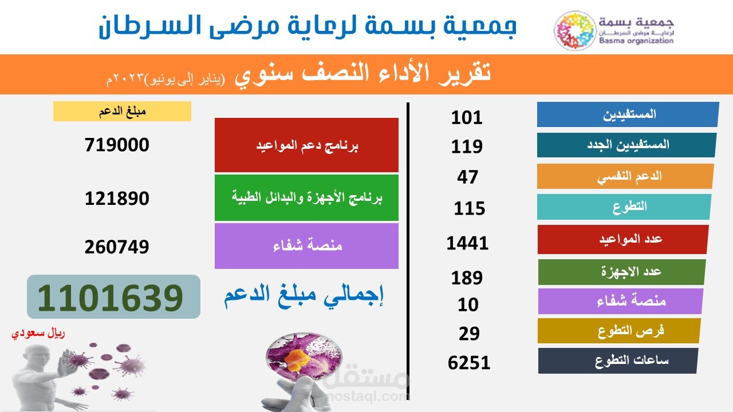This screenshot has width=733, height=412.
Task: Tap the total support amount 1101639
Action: point(113,296)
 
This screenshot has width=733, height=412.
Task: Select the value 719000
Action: point(117,144)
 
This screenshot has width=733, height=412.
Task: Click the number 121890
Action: point(117,199)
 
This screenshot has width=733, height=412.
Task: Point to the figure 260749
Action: point(117,247)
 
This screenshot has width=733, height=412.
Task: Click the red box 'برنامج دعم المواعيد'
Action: point(306,145)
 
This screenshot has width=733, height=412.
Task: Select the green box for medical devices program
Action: point(306,198)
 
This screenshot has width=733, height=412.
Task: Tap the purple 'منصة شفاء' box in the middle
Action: point(306,246)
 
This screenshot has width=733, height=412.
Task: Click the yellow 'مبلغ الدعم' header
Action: point(122,111)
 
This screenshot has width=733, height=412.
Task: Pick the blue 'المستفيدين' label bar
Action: point(628,114)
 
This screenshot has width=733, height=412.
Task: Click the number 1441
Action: point(467,243)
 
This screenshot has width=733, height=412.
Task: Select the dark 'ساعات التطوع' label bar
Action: point(618,360)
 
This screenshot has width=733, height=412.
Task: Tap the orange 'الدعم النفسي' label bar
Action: point(625,176)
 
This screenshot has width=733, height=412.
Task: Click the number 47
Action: point(467,177)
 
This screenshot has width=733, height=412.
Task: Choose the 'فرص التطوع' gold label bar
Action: point(620,331)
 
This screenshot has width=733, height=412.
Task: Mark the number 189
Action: point(467,278)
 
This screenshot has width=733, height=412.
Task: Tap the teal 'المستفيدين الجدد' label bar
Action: point(626,145)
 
